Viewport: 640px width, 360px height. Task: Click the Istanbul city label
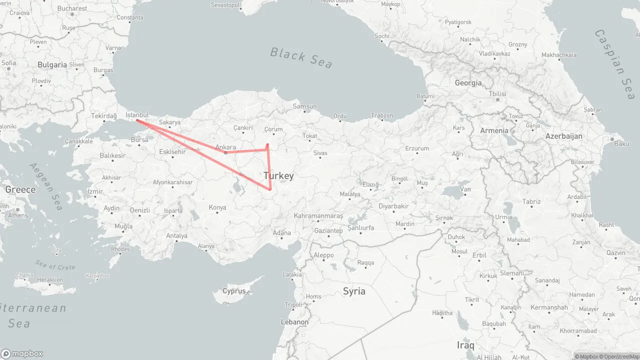137,115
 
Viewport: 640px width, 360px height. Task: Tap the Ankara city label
225,147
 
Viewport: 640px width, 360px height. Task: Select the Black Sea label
301,57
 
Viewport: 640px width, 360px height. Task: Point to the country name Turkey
278,176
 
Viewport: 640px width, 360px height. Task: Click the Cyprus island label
234,291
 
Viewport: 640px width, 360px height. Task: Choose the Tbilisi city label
497,94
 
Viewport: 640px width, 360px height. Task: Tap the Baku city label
621,144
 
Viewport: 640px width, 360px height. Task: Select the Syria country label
354,291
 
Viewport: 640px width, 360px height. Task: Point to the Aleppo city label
323,255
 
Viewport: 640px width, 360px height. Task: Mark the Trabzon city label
382,115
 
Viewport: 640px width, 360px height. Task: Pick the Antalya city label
176,236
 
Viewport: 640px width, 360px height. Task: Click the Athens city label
18,215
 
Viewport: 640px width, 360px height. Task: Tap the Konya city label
217,207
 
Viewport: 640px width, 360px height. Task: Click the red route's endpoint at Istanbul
137,120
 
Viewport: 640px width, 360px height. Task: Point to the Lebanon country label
294,322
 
